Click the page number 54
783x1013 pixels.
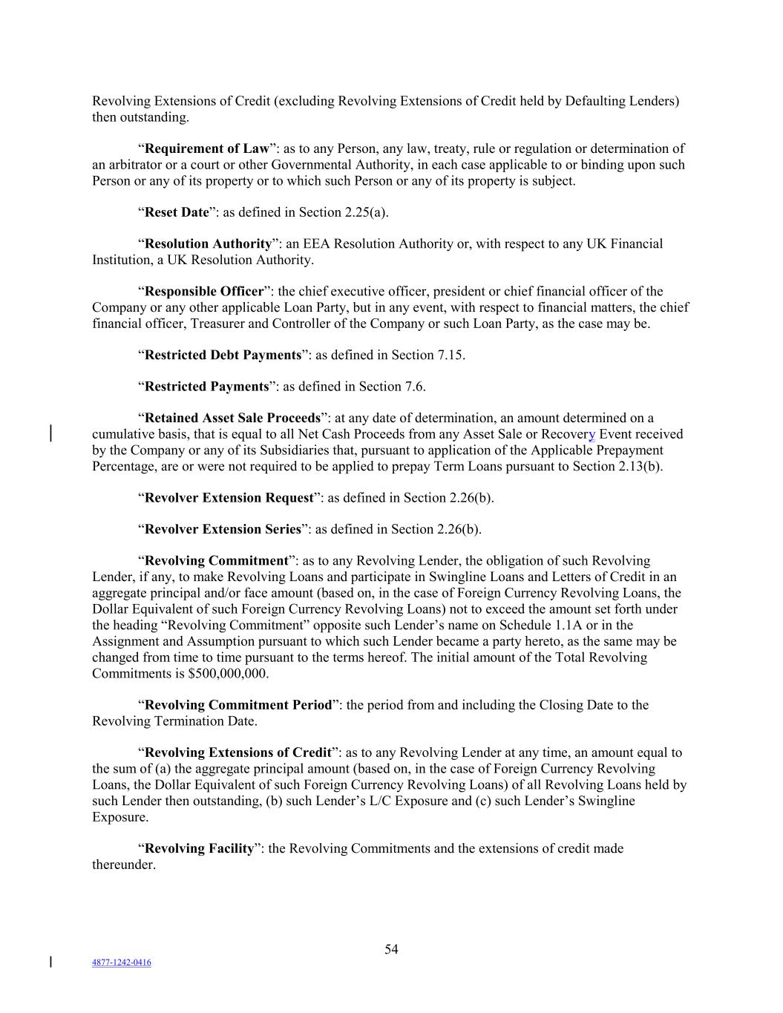[x=391, y=949]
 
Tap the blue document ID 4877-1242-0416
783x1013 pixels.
[x=121, y=963]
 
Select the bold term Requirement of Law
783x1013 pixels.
[x=206, y=148]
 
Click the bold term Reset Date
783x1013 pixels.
[x=177, y=212]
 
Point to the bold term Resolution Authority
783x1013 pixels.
[x=208, y=243]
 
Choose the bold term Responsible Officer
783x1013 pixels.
[x=204, y=291]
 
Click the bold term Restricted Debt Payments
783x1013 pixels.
[x=223, y=355]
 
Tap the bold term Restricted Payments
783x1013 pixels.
[x=206, y=387]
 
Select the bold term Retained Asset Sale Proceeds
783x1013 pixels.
[x=232, y=418]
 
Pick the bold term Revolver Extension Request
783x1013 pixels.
[x=229, y=497]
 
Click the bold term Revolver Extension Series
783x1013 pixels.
[x=223, y=529]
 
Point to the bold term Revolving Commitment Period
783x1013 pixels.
[x=237, y=705]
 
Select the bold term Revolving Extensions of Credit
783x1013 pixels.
[x=237, y=753]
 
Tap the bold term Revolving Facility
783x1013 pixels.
[x=199, y=848]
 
